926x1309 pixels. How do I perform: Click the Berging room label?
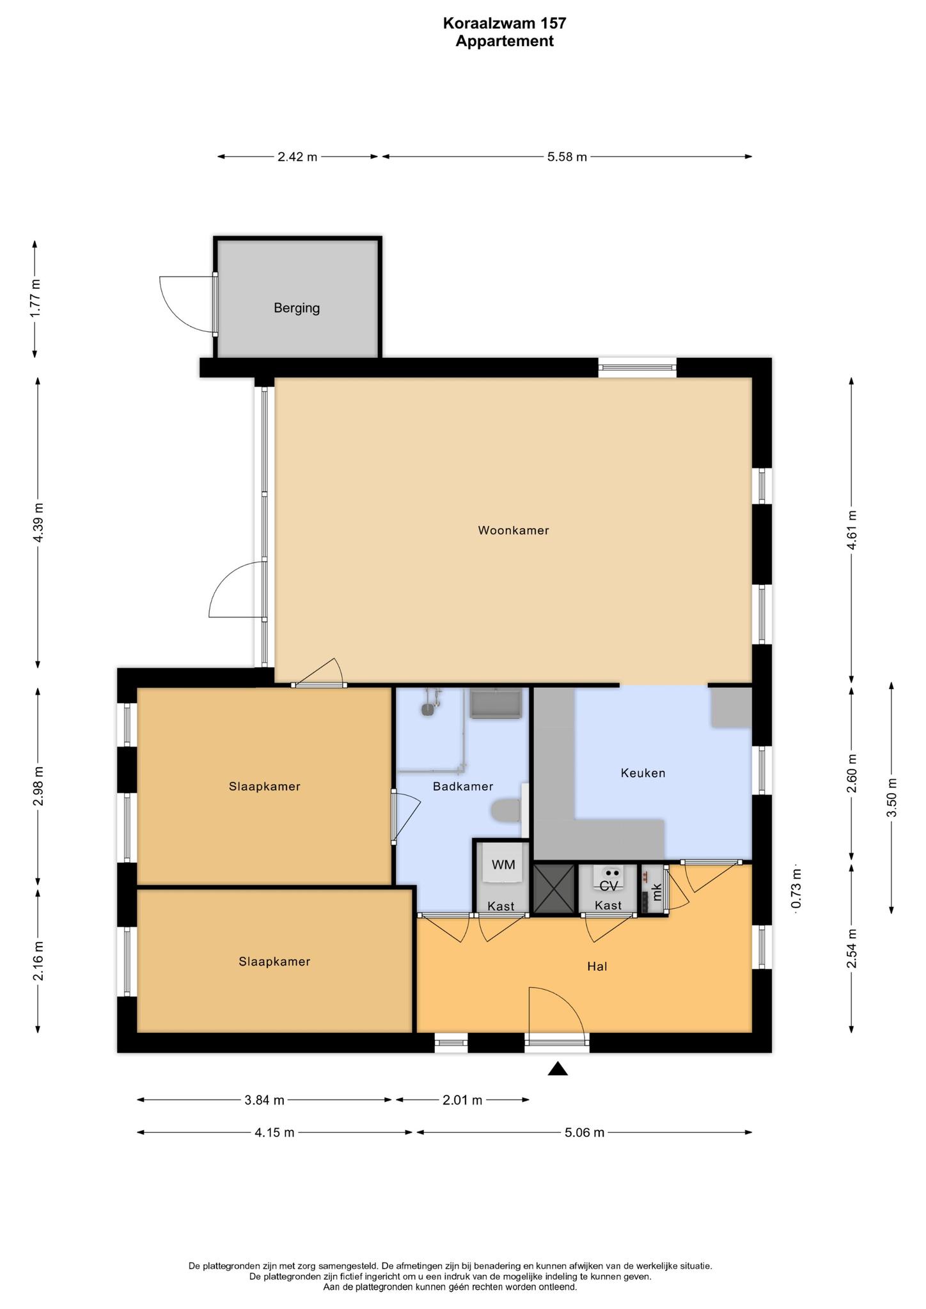point(297,308)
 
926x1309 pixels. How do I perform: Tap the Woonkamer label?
point(514,530)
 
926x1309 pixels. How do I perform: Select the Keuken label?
point(643,773)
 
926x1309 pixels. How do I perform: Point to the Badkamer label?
point(463,786)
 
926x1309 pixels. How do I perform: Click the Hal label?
point(597,966)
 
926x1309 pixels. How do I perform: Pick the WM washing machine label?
point(503,865)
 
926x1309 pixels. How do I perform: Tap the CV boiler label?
point(608,886)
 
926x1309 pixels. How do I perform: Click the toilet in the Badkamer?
point(508,812)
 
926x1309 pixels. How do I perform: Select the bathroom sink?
point(496,702)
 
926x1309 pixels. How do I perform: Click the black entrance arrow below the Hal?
point(558,1069)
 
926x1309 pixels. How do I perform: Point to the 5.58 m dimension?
point(567,157)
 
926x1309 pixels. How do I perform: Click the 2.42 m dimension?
point(297,157)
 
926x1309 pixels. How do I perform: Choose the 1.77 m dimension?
point(36,298)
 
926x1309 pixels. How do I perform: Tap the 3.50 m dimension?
point(892,797)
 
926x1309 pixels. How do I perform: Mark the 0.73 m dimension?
point(796,888)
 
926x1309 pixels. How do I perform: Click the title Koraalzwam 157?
point(505,24)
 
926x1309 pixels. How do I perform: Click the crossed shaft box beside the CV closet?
point(554,889)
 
